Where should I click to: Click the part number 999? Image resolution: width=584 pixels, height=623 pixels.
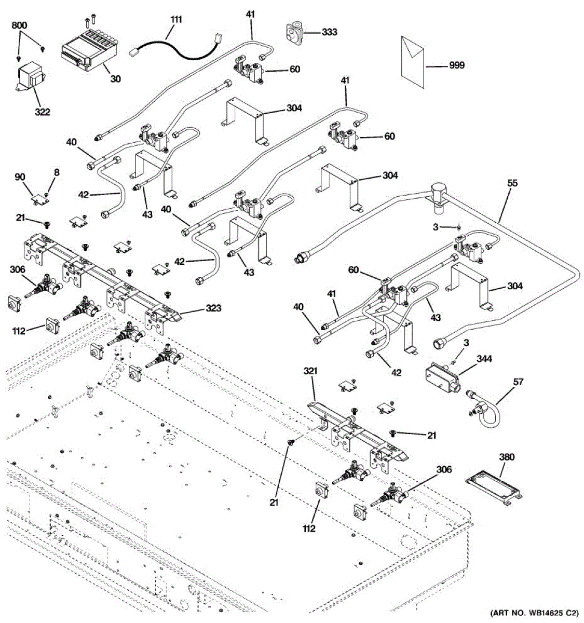click(456, 65)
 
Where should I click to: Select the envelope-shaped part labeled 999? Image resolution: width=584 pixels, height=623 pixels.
click(413, 61)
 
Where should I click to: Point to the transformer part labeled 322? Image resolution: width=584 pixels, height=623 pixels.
click(29, 78)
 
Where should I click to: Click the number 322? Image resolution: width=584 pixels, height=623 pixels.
click(42, 112)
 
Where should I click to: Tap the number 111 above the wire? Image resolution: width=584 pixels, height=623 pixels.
click(176, 20)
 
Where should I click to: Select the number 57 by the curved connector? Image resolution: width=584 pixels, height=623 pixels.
click(518, 382)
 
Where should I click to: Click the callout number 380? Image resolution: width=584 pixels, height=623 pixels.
click(506, 457)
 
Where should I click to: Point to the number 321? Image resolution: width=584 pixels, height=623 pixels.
click(310, 371)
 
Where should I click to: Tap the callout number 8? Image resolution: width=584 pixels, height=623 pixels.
click(57, 172)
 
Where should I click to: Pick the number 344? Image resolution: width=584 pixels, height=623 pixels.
click(484, 359)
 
